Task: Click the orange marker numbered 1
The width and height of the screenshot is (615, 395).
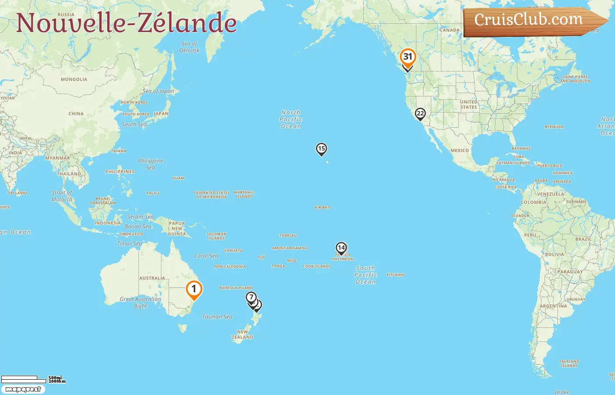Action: tap(194, 289)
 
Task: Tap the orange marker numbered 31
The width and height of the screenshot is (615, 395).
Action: tap(408, 57)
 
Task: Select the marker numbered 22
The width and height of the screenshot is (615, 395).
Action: tap(420, 114)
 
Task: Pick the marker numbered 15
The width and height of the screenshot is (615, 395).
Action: tap(322, 149)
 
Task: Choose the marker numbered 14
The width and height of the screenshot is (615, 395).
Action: tap(341, 248)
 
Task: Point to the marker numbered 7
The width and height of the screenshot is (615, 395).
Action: tap(251, 298)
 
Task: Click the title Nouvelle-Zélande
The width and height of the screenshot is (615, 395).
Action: tap(127, 23)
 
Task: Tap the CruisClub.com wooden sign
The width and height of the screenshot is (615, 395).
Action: tap(532, 20)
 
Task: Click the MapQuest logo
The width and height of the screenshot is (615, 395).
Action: tap(23, 389)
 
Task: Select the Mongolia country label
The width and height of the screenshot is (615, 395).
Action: tap(74, 79)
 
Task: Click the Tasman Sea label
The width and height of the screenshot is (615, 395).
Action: tap(217, 317)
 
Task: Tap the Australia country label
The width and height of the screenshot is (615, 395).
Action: tap(152, 278)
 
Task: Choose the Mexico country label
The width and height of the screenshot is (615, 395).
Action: tap(459, 151)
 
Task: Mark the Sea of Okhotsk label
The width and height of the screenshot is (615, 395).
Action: tap(189, 47)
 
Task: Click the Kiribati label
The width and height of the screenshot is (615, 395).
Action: tap(323, 207)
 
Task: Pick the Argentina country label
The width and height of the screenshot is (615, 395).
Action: tap(553, 306)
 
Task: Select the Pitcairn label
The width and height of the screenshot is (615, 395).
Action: tap(395, 275)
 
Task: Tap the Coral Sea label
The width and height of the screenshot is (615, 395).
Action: tap(206, 256)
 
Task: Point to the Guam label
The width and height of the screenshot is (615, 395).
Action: tap(178, 178)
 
